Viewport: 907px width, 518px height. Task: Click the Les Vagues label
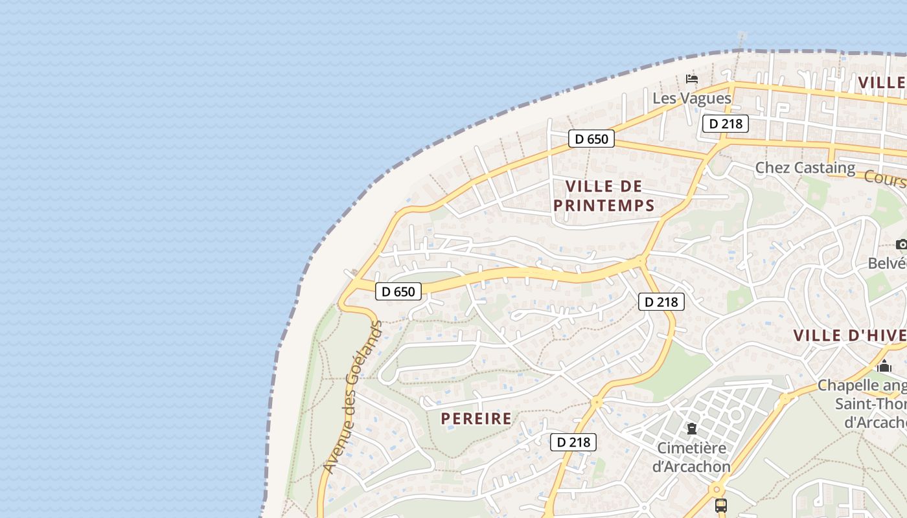[691, 98]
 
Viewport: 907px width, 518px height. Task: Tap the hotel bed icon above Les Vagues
[692, 79]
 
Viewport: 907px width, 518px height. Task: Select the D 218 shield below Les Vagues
[725, 124]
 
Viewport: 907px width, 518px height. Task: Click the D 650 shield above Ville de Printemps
[591, 139]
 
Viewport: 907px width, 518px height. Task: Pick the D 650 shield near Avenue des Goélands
[398, 291]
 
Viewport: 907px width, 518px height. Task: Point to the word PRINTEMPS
[604, 206]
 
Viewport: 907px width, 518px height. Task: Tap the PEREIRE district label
[476, 419]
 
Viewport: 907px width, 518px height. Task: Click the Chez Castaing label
[805, 168]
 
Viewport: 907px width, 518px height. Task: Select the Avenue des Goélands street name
[353, 398]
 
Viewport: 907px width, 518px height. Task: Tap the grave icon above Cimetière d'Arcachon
[692, 429]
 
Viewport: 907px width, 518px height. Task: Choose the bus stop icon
[720, 505]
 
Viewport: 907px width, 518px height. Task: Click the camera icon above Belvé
[901, 244]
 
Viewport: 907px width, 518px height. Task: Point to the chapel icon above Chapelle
[884, 366]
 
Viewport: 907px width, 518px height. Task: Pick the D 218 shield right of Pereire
[573, 442]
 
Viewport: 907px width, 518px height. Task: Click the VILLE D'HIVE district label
[849, 335]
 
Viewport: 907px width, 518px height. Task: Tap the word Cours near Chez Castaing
[885, 178]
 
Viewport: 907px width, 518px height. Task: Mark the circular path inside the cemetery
[735, 414]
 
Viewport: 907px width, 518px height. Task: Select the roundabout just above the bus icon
[717, 489]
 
